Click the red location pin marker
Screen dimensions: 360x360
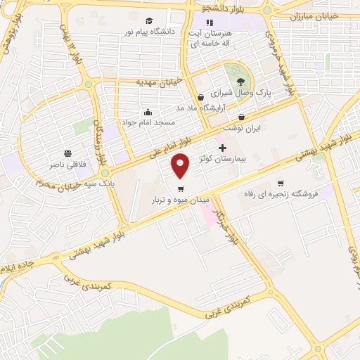point(181,165)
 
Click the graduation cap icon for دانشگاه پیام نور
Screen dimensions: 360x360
point(149,20)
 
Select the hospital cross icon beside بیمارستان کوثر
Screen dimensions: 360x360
point(223,148)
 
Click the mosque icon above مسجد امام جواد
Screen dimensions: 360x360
point(148,111)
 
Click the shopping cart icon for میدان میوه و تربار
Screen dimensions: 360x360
point(181,188)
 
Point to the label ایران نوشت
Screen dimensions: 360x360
point(242,129)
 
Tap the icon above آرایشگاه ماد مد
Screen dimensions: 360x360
point(201,97)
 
